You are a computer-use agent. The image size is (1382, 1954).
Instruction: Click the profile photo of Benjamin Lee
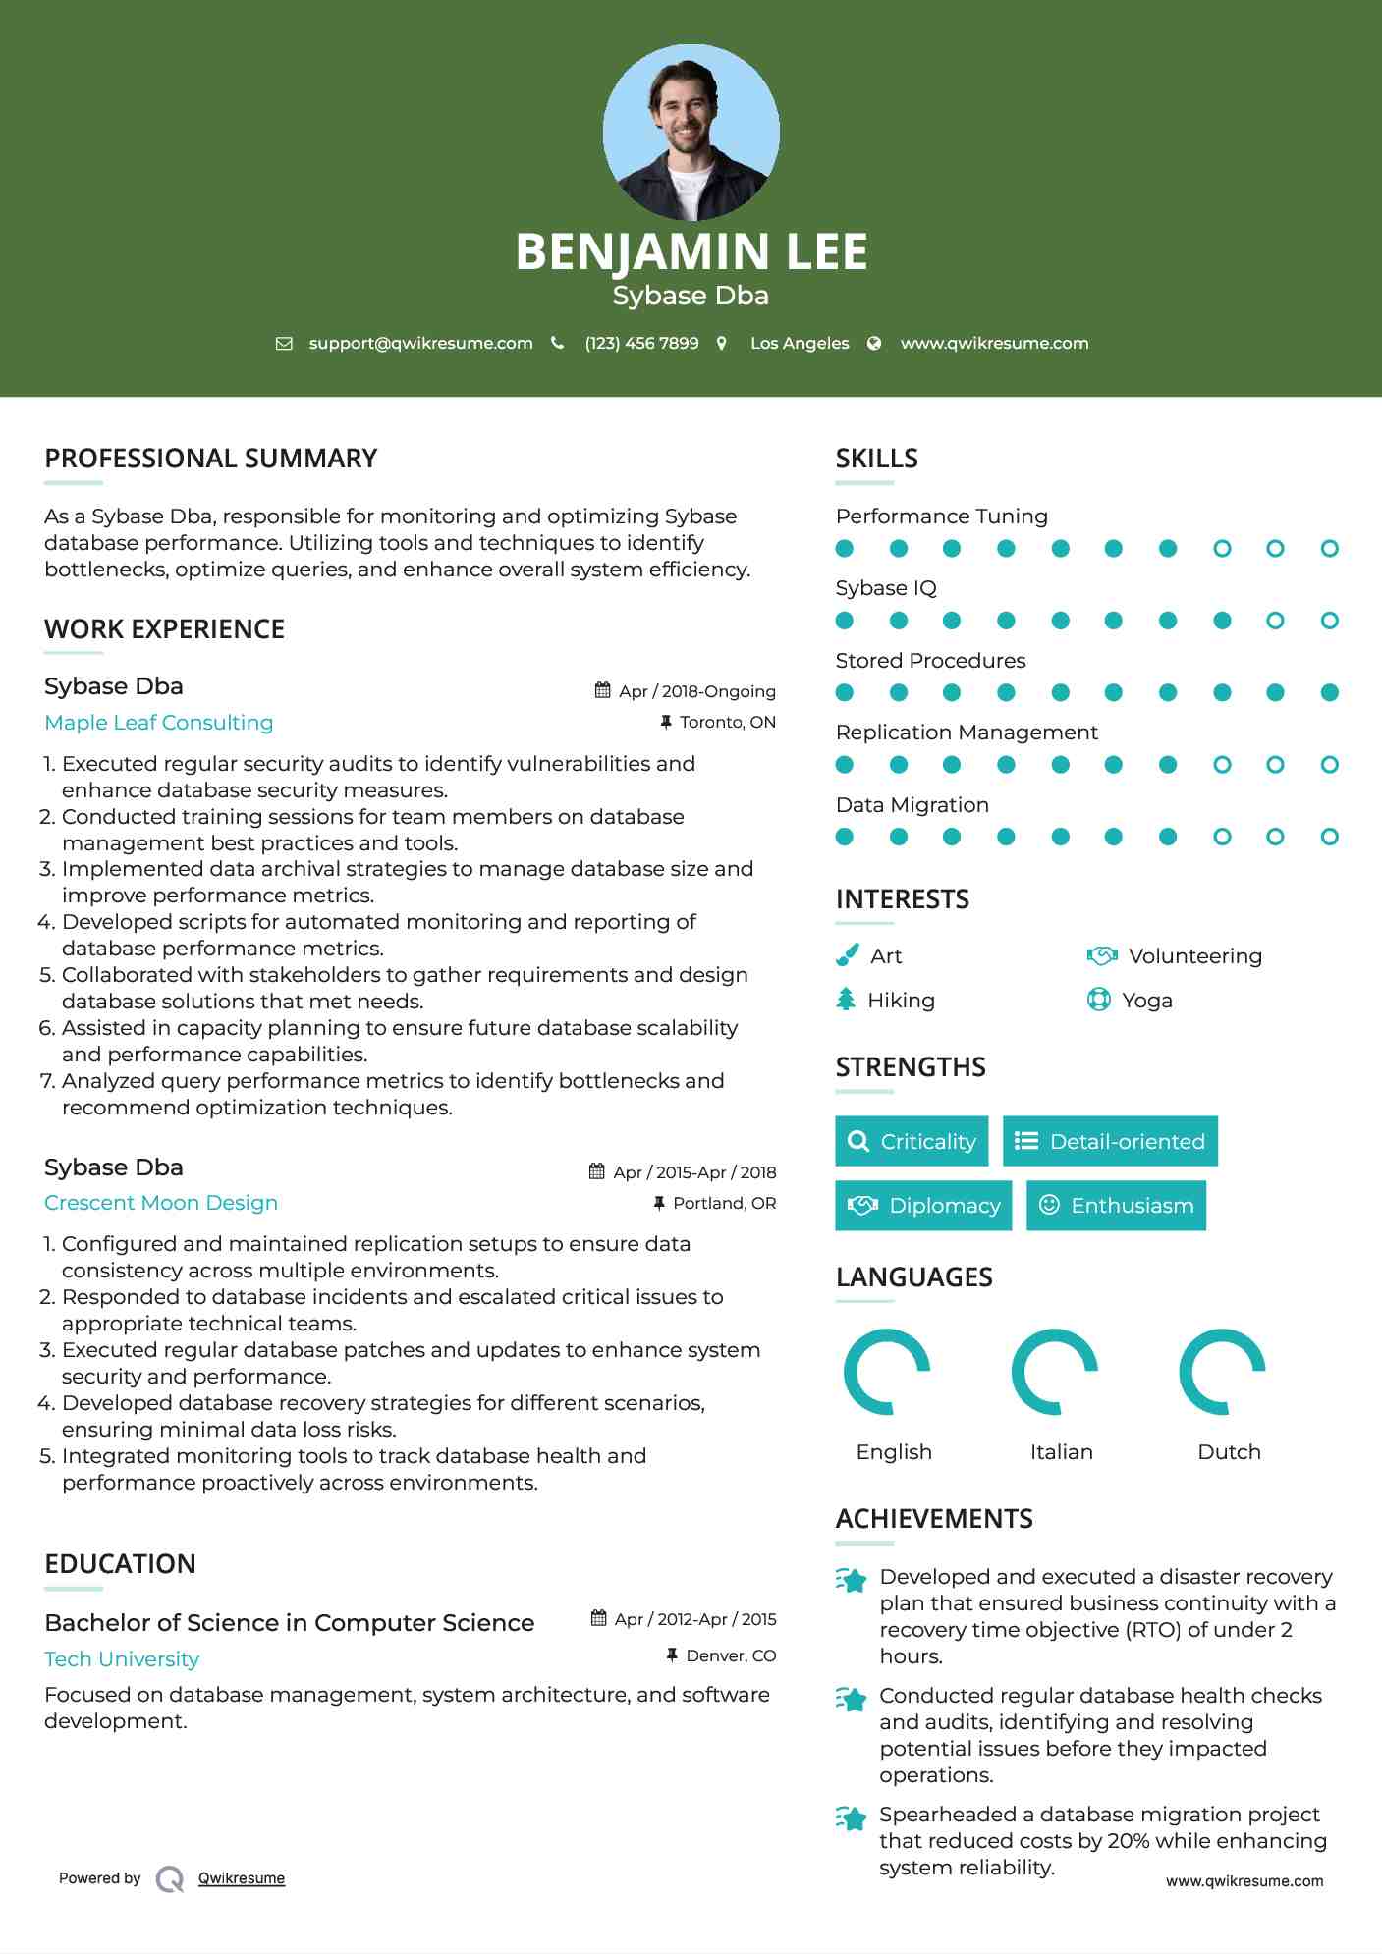(x=691, y=133)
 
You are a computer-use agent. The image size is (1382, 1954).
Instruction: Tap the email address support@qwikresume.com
(x=420, y=344)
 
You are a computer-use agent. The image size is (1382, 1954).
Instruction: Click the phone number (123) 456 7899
(x=641, y=344)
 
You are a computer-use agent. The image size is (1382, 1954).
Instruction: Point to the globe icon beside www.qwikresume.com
(x=874, y=344)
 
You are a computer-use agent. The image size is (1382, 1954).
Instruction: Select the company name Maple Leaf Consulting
(x=159, y=723)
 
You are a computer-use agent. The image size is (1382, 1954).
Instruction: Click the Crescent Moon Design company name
(x=161, y=1203)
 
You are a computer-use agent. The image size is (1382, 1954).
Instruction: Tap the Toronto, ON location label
(x=727, y=723)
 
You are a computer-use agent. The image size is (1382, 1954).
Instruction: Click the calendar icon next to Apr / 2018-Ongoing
(x=602, y=690)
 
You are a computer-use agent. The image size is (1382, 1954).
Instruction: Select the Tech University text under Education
(x=122, y=1659)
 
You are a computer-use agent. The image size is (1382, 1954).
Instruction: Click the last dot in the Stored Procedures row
(x=1329, y=693)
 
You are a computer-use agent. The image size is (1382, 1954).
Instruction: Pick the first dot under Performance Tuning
(x=845, y=549)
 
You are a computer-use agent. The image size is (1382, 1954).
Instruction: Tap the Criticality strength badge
(x=912, y=1141)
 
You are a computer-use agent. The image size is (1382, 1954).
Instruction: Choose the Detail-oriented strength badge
(x=1110, y=1141)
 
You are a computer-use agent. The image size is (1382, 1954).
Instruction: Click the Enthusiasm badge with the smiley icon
(x=1116, y=1206)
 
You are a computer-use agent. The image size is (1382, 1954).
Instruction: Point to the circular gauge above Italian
(x=1055, y=1372)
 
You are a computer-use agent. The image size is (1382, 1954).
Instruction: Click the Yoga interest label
(x=1147, y=1001)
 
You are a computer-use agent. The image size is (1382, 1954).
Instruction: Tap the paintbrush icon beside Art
(x=847, y=955)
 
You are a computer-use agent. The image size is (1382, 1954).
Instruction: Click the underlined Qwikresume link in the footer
(x=242, y=1878)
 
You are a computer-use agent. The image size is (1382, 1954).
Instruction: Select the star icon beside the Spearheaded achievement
(x=852, y=1818)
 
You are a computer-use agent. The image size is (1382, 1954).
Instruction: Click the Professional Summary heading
(x=211, y=459)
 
